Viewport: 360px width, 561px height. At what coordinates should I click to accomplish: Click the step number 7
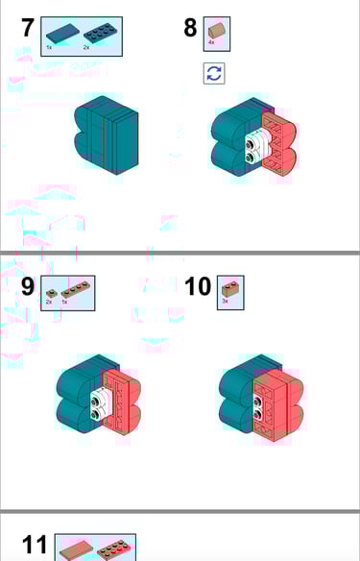pyautogui.click(x=29, y=28)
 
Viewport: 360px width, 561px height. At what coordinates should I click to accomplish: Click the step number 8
pyautogui.click(x=190, y=28)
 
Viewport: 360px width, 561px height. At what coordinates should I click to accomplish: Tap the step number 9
pyautogui.click(x=28, y=287)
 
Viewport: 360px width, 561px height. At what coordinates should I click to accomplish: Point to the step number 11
pyautogui.click(x=35, y=546)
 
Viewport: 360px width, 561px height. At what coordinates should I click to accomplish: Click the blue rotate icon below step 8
pyautogui.click(x=214, y=73)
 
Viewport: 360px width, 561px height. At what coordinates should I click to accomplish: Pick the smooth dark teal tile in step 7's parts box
pyautogui.click(x=60, y=33)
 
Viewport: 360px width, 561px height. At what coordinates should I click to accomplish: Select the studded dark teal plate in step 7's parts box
pyautogui.click(x=98, y=33)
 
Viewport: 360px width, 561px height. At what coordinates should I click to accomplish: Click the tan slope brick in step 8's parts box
pyautogui.click(x=217, y=31)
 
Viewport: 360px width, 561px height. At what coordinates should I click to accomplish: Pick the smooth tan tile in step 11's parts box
pyautogui.click(x=74, y=551)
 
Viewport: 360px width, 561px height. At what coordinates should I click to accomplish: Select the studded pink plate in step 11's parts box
pyautogui.click(x=114, y=550)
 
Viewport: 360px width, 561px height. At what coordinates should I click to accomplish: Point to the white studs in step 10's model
pyautogui.click(x=258, y=406)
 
